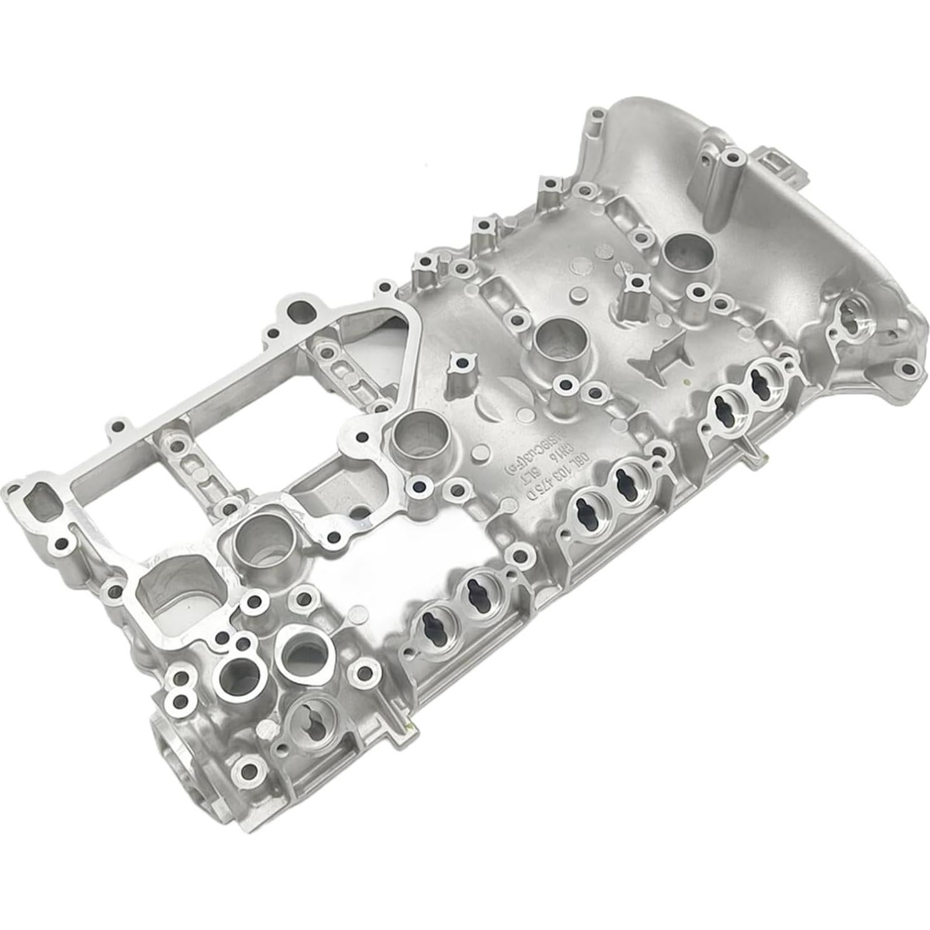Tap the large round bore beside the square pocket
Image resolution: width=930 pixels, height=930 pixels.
257,544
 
